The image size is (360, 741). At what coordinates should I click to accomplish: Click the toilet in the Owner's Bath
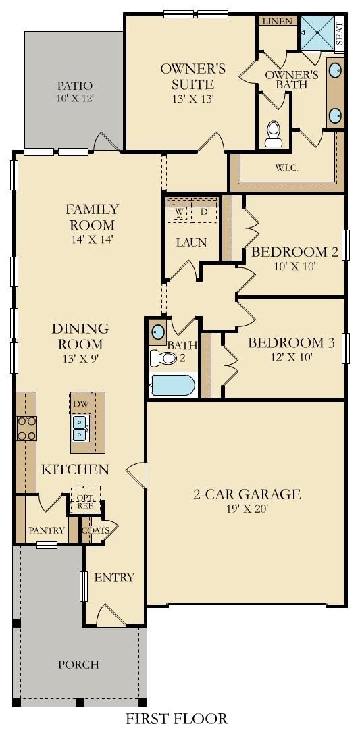pos(274,134)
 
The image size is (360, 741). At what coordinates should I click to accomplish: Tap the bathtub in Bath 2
pos(173,385)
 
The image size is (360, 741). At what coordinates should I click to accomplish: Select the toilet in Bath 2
pos(163,358)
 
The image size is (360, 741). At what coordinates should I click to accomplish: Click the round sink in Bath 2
pos(158,332)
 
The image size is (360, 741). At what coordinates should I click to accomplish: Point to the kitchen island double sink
pos(80,428)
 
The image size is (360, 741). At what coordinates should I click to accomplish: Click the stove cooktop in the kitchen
pos(26,428)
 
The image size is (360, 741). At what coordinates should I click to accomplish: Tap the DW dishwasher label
pos(80,403)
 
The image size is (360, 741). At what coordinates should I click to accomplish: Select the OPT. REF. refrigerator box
pos(85,499)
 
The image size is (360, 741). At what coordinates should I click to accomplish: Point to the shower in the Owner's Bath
pos(317,33)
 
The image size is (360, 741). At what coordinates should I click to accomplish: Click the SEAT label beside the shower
pos(339,34)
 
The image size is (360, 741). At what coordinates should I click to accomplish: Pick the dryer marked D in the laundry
pos(203,211)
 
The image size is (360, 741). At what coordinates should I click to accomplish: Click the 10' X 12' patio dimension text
pos(75,99)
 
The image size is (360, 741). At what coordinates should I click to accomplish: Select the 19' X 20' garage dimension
pos(247,509)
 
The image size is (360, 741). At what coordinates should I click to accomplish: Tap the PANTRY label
pos(47,530)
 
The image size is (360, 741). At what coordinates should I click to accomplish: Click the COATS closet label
pos(96,530)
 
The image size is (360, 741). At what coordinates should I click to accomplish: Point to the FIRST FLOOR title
pos(177,719)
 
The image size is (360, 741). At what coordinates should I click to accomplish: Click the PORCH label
pos(79,665)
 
